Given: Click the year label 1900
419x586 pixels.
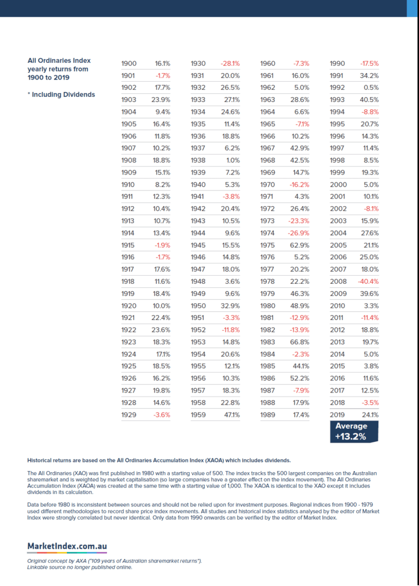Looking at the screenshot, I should pos(129,64).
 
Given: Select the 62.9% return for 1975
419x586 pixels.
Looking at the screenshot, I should pos(300,245).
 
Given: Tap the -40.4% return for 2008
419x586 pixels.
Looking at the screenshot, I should pos(369,281).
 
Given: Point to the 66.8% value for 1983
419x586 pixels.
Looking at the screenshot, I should pos(300,342).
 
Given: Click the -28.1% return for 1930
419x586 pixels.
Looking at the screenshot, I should pos(230,64).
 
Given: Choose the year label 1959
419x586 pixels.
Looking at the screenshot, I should pos(198,414).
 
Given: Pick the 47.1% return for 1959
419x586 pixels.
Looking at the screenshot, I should pos(231,414).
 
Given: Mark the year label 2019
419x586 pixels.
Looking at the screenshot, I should pos(338,414).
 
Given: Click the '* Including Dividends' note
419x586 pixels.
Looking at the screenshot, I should pos(61,94).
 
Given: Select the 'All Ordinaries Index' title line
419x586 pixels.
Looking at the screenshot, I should pos(59,60).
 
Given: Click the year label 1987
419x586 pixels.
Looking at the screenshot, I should pos(268,390).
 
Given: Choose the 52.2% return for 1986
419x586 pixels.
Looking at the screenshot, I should pos(300,378).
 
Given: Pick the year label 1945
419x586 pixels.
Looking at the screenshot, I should pos(198,245).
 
